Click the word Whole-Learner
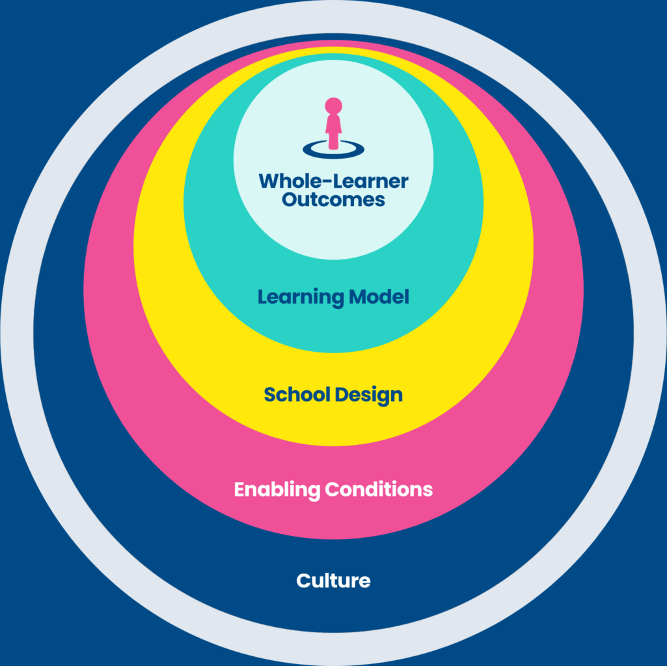point(333,181)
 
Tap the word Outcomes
point(333,199)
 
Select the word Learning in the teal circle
point(301,298)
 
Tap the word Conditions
point(379,488)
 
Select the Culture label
point(333,580)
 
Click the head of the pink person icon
point(333,106)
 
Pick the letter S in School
point(269,394)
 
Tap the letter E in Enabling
point(239,488)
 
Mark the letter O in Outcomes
point(289,199)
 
